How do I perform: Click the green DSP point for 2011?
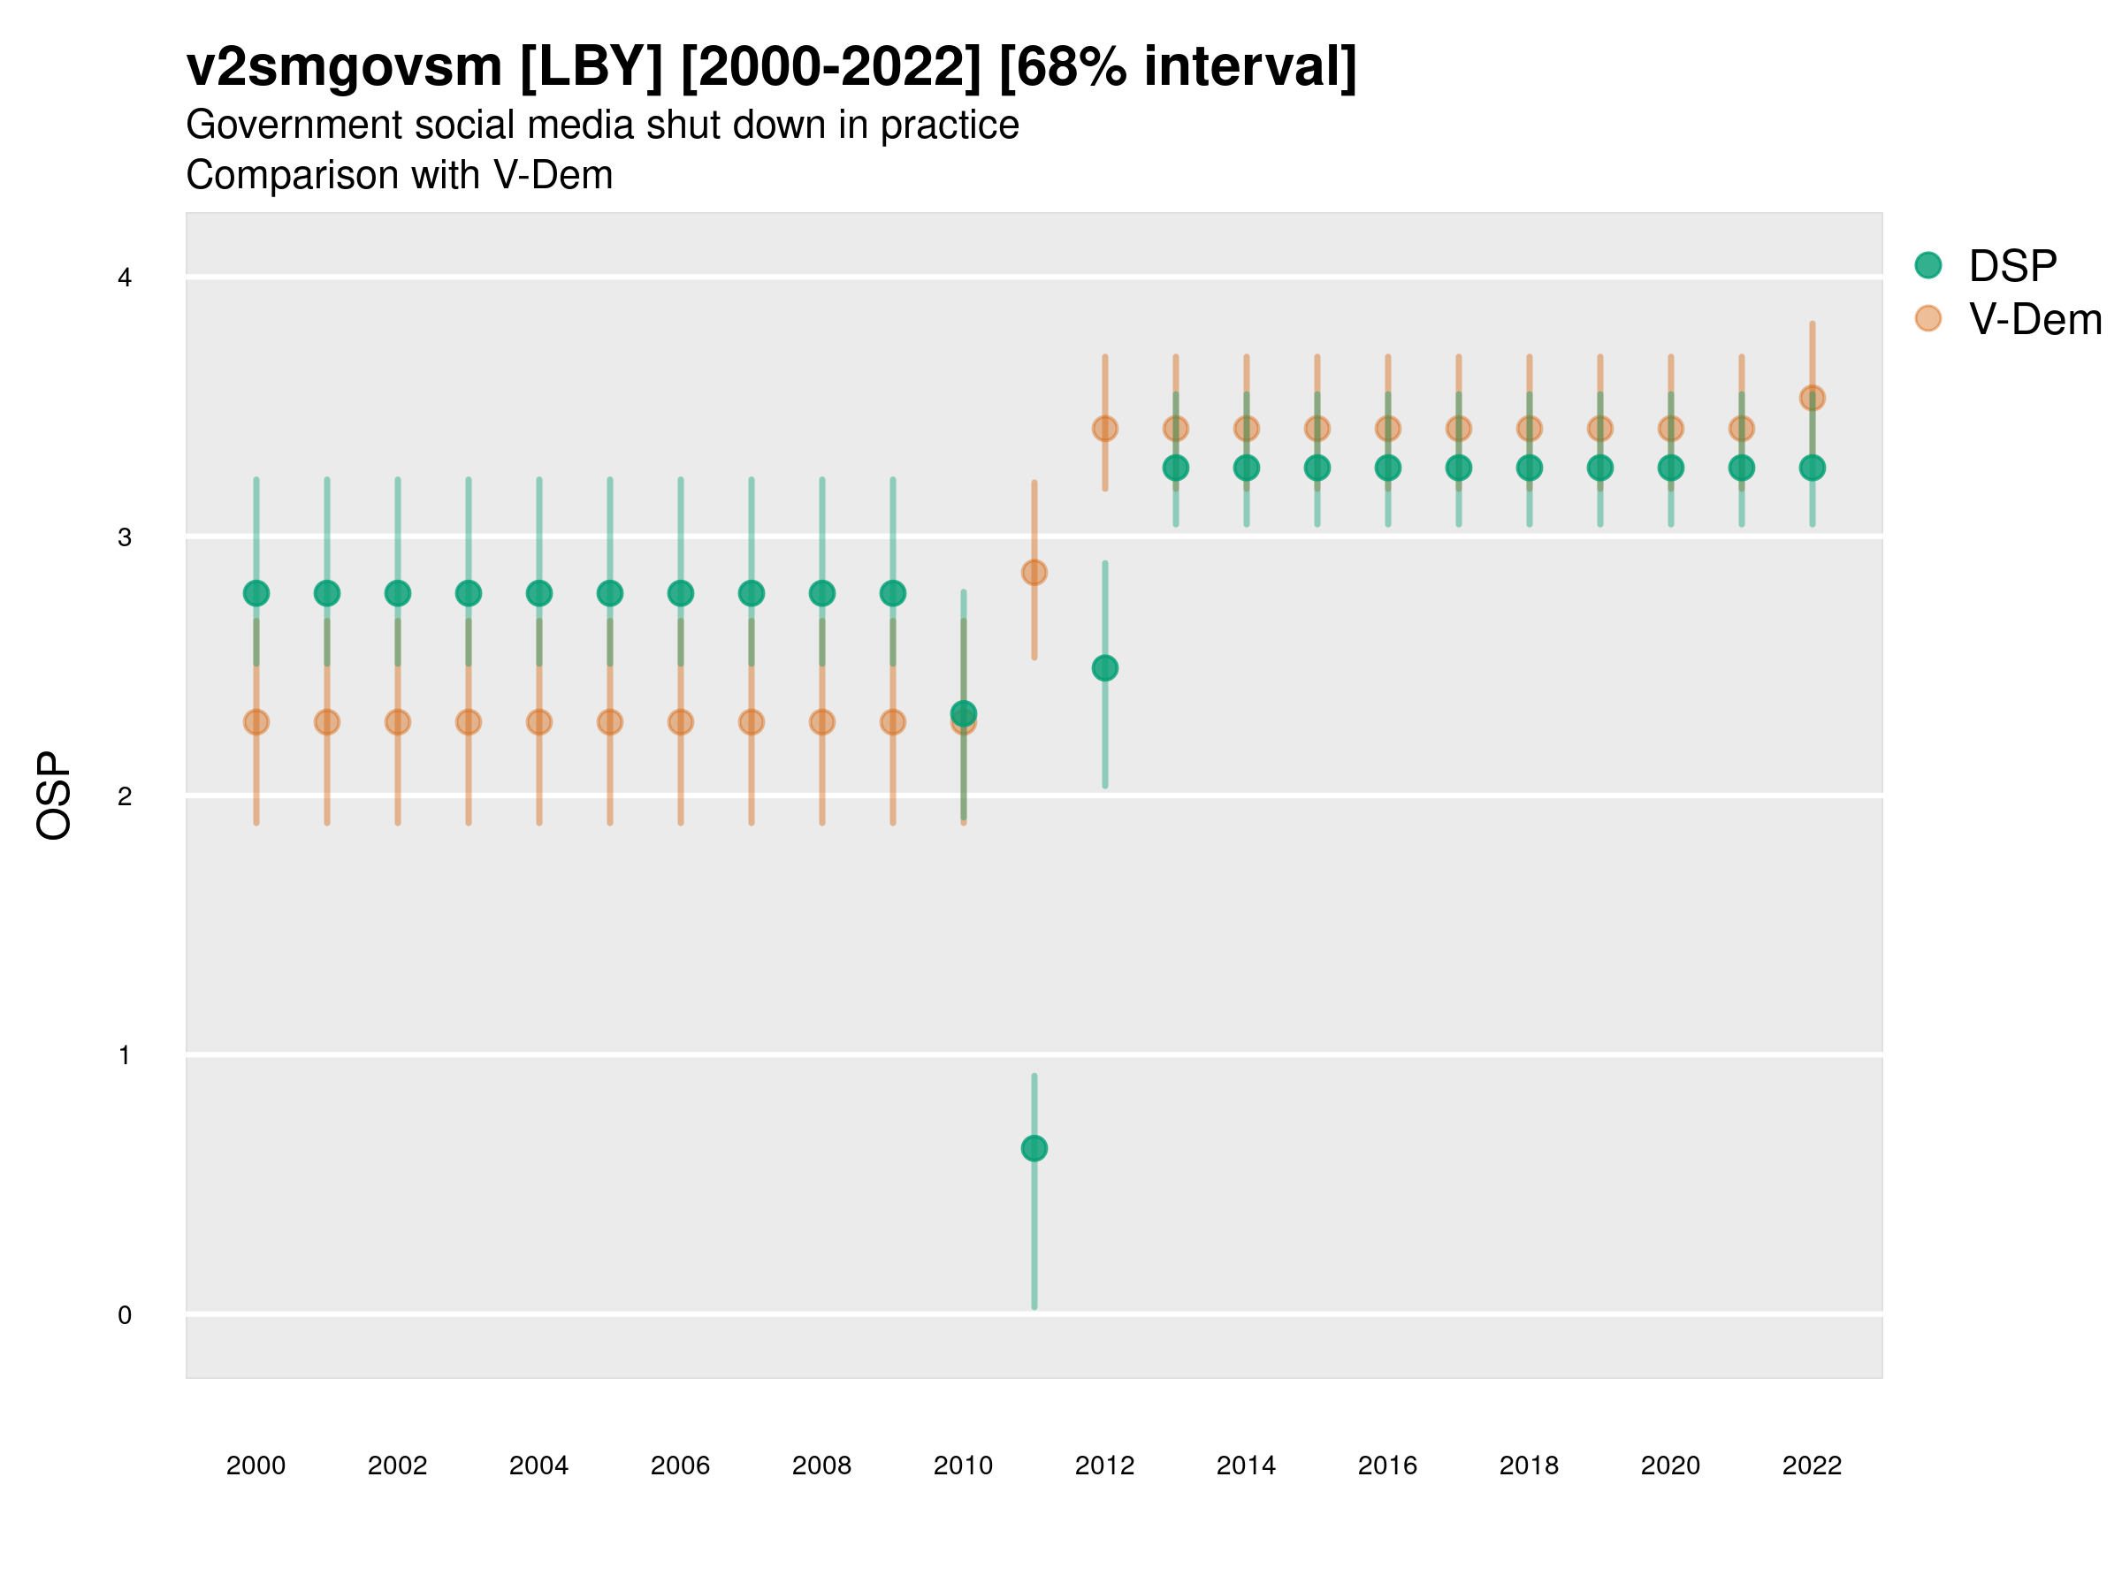click(1034, 1148)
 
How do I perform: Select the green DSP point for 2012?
click(1105, 667)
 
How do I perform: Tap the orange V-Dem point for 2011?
click(1034, 573)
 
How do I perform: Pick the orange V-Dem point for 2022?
click(1813, 398)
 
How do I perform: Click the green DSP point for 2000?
click(256, 594)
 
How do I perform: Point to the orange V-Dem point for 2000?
click(256, 722)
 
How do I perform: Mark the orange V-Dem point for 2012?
click(1105, 429)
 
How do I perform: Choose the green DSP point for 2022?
click(1813, 468)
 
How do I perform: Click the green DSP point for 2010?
click(963, 712)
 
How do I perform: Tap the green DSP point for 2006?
click(680, 594)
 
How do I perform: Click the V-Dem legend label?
click(2034, 319)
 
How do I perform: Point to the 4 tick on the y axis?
click(125, 278)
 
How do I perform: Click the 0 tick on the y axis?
click(125, 1315)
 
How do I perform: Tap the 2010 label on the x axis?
click(963, 1465)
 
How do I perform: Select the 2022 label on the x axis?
click(1813, 1465)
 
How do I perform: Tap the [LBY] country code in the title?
click(591, 67)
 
